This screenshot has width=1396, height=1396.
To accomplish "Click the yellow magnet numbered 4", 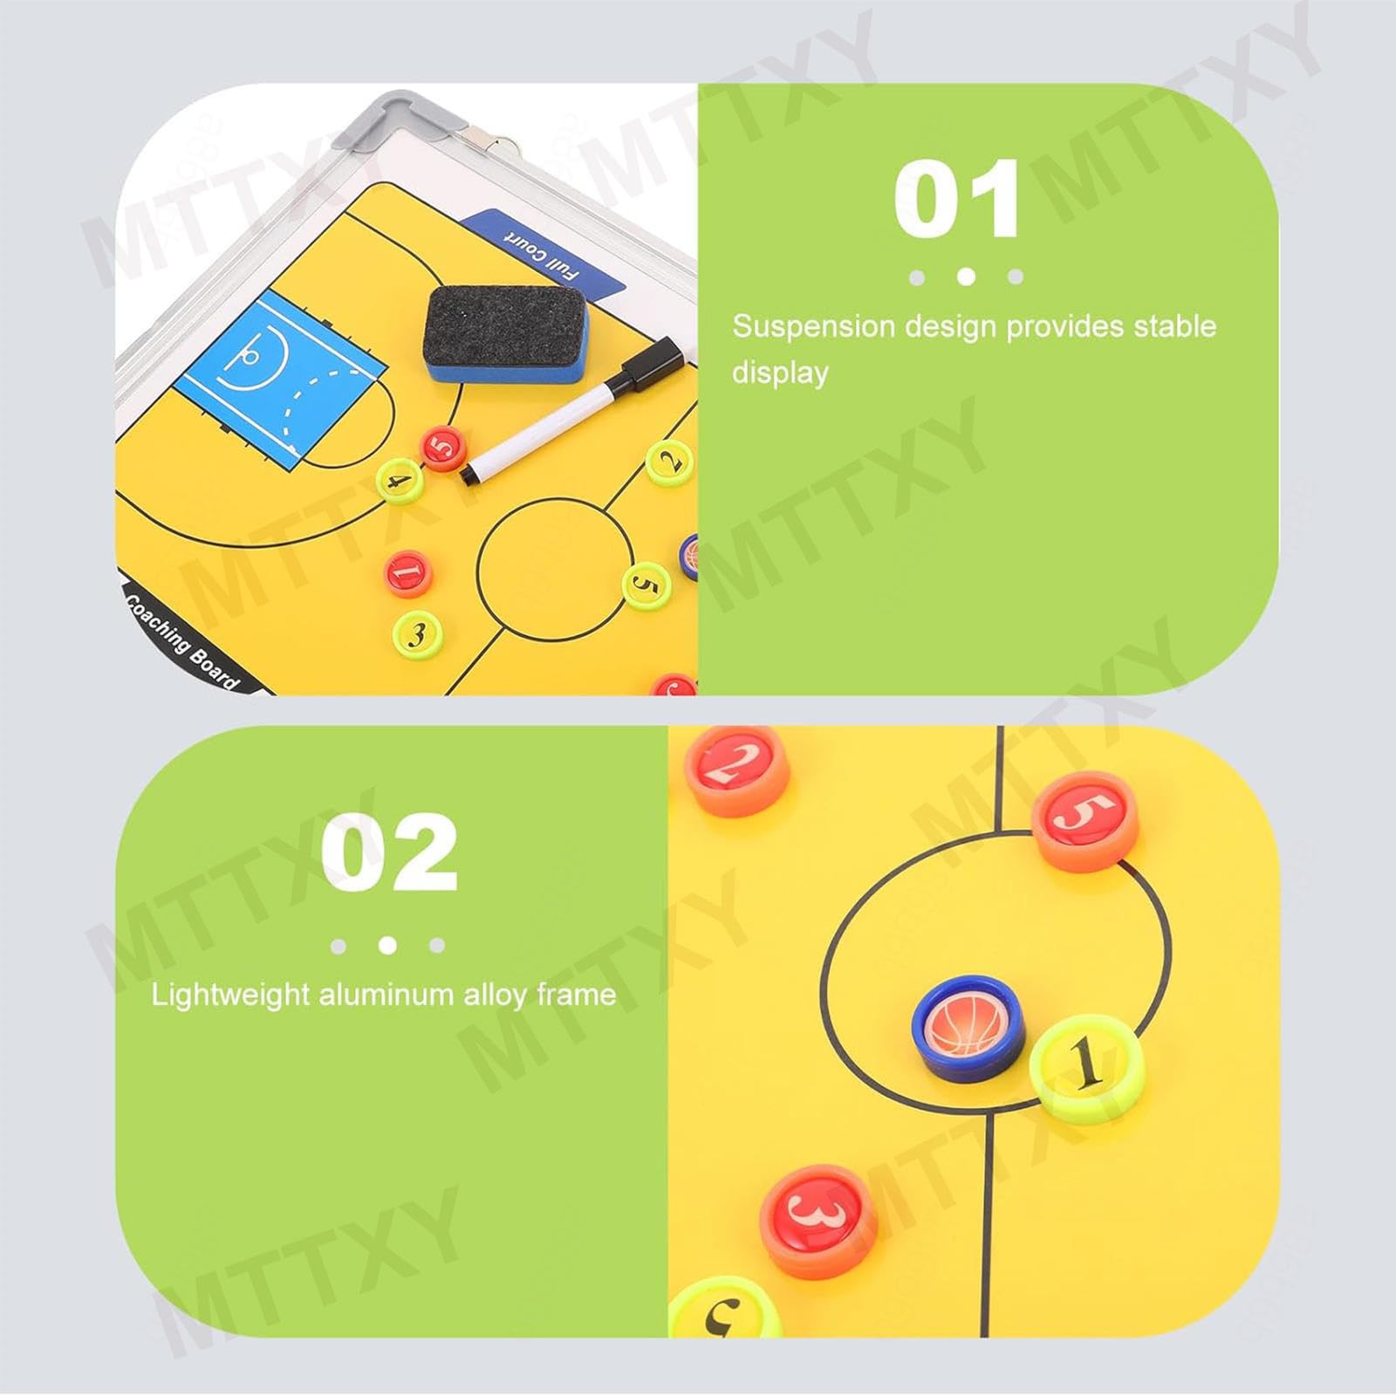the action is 399,481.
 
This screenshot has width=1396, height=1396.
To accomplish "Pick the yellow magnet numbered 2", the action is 670,461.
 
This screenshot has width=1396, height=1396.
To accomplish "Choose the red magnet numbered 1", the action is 408,573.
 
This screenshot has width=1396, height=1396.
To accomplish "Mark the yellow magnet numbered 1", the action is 1087,1067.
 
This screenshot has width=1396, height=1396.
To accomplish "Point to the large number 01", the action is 956,199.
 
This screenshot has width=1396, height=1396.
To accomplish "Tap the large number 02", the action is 389,852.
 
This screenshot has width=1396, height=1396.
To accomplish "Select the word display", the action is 780,373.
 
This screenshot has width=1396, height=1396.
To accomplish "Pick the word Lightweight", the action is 230,996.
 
